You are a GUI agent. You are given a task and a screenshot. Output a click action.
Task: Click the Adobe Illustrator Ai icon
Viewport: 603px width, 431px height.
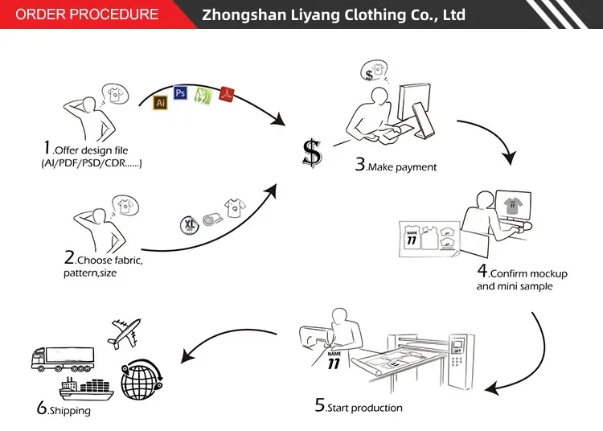click(x=160, y=103)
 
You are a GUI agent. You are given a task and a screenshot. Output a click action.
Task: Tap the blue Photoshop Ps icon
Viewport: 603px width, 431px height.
click(x=180, y=93)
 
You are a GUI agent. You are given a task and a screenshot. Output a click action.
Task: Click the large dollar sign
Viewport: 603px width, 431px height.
click(x=311, y=153)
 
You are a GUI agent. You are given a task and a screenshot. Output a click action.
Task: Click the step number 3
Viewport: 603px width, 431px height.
click(x=359, y=164)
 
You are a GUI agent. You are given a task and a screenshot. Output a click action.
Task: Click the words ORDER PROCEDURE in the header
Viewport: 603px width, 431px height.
click(x=88, y=14)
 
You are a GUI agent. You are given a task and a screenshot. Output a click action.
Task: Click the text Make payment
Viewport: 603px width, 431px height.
click(x=403, y=167)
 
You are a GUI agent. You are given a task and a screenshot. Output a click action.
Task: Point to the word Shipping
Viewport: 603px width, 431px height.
click(x=70, y=411)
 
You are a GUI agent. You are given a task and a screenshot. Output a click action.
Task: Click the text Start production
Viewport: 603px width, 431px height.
click(x=366, y=408)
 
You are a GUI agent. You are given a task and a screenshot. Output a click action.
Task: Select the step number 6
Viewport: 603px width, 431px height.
click(x=42, y=407)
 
